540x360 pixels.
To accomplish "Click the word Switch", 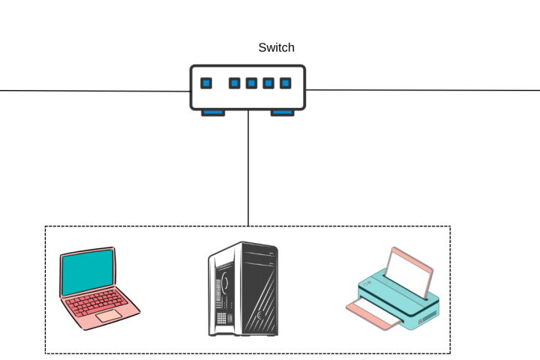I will click(276, 48).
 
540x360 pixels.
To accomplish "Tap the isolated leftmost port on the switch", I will click(206, 83).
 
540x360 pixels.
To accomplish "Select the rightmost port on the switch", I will click(285, 83).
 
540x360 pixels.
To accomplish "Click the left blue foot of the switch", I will click(212, 112).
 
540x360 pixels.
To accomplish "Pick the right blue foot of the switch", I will click(282, 112).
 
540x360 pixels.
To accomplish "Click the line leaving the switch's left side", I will click(90, 91).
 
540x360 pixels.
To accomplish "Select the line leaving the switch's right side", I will click(420, 90).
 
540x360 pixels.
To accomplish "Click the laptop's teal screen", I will click(88, 273).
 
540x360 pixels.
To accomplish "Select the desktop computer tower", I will click(243, 289).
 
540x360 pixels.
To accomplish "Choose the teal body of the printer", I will click(397, 300).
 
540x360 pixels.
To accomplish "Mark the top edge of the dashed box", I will click(150, 226).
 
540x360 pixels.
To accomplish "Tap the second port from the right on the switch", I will click(268, 83).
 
